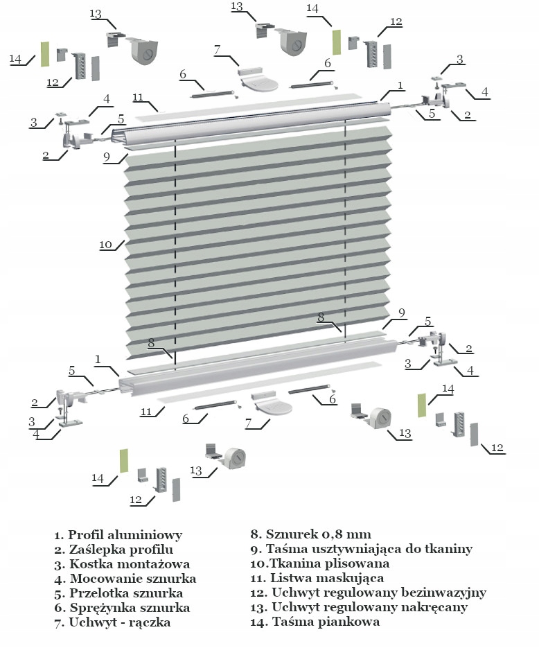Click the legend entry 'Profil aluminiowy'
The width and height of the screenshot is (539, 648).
118,535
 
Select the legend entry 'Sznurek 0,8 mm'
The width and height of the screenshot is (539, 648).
311,534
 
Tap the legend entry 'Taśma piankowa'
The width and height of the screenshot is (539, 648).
315,622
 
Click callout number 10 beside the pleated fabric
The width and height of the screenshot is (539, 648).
105,245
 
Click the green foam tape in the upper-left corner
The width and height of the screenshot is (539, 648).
44,54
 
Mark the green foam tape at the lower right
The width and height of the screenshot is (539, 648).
421,405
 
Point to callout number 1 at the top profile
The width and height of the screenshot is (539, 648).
400,85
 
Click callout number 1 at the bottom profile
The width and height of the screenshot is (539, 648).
98,359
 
